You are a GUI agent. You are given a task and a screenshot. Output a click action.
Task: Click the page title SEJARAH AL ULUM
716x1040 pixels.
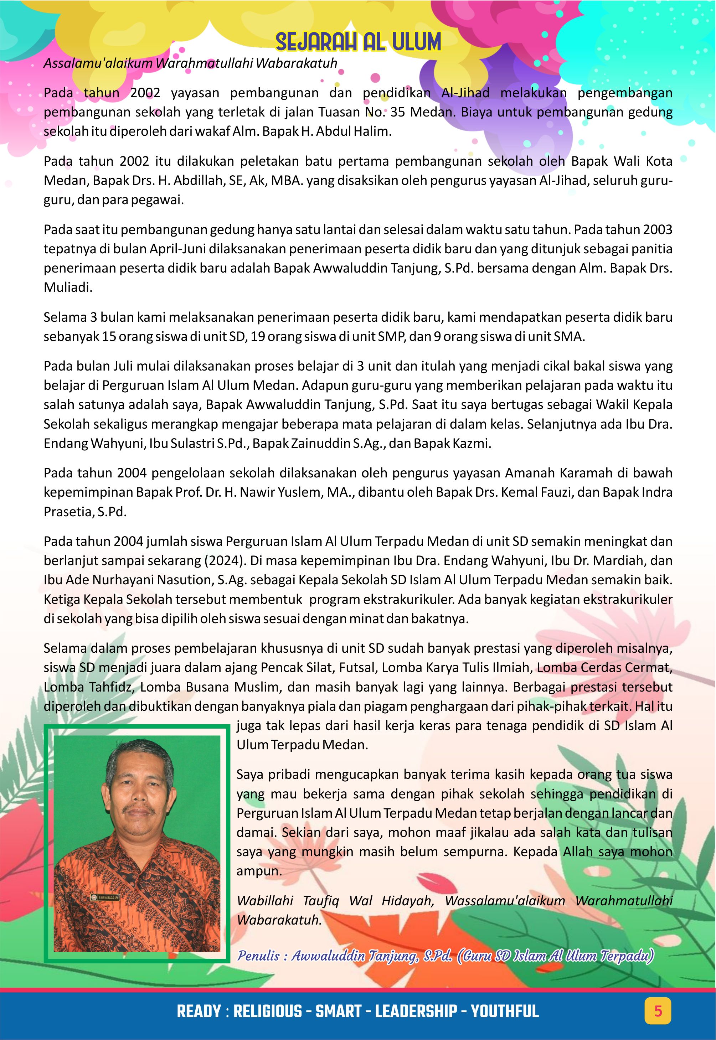[358, 43]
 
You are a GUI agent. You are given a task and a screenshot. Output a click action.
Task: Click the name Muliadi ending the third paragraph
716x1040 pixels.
[68, 288]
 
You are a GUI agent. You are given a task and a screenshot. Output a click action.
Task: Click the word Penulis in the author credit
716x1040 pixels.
[258, 956]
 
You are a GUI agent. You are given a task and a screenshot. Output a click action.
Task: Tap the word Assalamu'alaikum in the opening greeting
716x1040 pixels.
[98, 63]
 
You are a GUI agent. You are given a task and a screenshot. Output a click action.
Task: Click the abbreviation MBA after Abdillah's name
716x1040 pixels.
[287, 180]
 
